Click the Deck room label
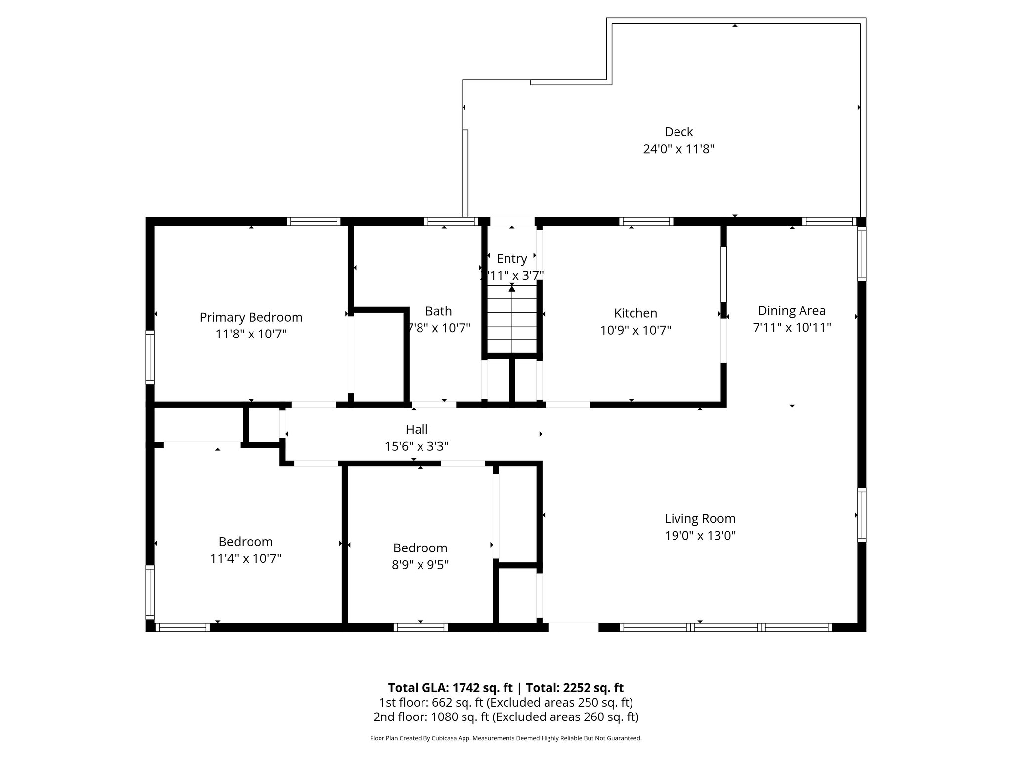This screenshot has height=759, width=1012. [x=678, y=132]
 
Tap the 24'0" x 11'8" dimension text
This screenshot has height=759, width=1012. [x=678, y=149]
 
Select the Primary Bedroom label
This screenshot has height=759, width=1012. [x=251, y=317]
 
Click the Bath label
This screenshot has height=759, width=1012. [x=438, y=311]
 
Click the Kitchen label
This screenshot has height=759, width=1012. [x=635, y=313]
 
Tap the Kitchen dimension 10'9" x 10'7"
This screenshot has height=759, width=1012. [x=635, y=330]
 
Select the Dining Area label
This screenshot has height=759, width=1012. [x=792, y=310]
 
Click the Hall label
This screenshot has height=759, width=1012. [x=417, y=429]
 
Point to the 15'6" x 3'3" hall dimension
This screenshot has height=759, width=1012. [x=417, y=446]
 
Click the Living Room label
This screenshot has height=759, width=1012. [x=700, y=518]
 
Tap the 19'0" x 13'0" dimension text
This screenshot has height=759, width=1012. [x=700, y=535]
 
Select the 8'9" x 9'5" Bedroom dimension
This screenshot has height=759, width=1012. [x=420, y=564]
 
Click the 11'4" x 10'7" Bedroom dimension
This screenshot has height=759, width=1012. [x=246, y=558]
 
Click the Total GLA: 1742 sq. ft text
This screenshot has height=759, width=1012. [x=451, y=688]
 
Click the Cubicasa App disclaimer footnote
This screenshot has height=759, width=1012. [x=506, y=738]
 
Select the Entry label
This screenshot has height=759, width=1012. [x=511, y=258]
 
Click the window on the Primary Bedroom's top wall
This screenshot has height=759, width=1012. [x=313, y=221]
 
